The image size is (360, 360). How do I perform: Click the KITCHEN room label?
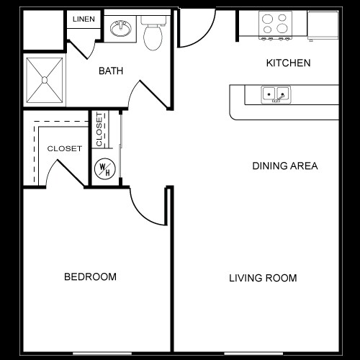[288, 63]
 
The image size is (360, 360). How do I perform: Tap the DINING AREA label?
[284, 166]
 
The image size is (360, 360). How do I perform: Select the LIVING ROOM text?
[263, 278]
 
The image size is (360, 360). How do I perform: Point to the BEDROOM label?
[90, 276]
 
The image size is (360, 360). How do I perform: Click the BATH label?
[111, 71]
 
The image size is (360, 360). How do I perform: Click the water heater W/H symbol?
[104, 169]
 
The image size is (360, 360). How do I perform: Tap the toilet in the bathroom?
[153, 34]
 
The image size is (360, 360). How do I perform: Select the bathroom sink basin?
[121, 30]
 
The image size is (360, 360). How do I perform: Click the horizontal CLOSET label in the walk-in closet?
[64, 148]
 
